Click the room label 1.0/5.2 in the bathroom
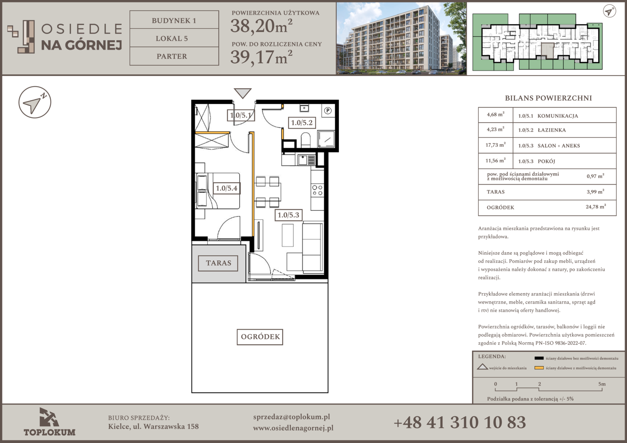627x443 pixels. click(302, 123)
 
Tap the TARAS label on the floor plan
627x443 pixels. click(218, 263)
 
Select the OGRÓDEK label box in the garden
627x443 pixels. click(260, 337)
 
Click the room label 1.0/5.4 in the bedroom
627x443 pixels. click(227, 188)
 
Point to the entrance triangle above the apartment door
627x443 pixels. click(243, 93)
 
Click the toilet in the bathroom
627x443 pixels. click(305, 139)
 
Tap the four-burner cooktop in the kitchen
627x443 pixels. click(318, 190)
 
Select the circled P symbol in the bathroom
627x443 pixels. click(328, 110)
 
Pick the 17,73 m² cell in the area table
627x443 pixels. click(495, 145)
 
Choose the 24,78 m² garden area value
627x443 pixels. click(596, 207)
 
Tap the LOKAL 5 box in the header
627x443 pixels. click(174, 38)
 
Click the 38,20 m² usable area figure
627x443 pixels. click(261, 26)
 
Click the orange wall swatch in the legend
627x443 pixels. click(539, 368)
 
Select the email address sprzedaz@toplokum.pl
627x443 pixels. click(291, 417)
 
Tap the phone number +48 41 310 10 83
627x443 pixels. click(460, 422)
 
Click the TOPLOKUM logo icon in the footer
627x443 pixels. click(49, 417)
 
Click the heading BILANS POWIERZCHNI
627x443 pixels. click(548, 98)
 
